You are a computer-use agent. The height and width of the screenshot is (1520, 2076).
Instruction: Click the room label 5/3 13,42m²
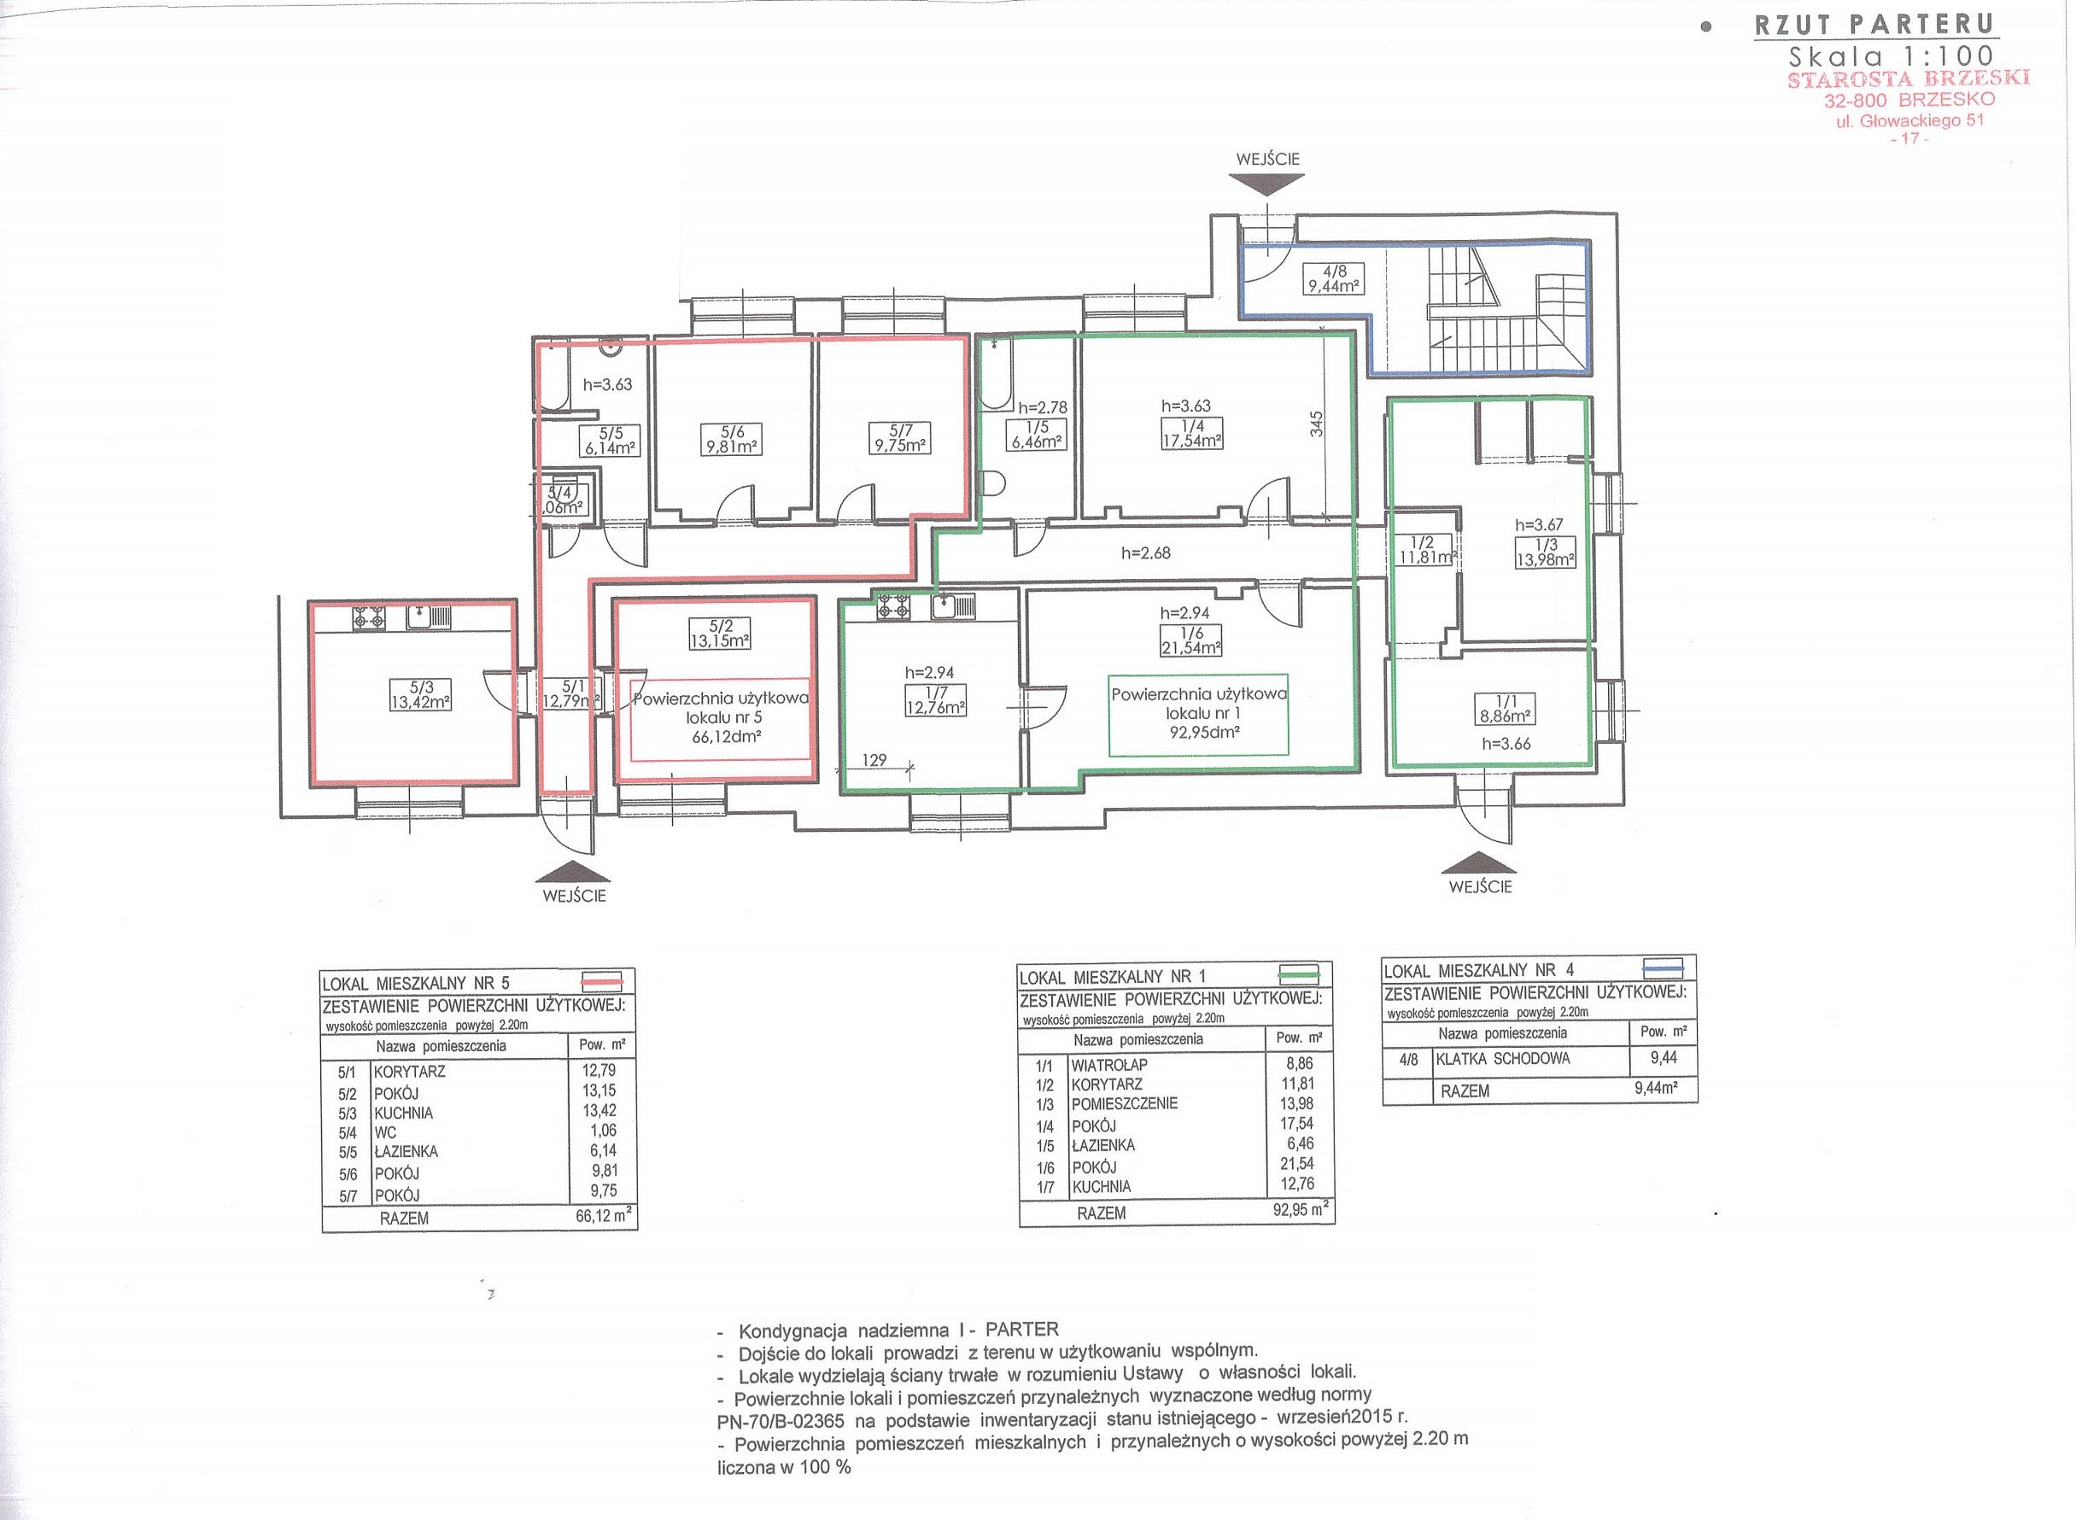(420, 694)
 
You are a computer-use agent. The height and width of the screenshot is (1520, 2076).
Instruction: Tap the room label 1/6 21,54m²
(1190, 640)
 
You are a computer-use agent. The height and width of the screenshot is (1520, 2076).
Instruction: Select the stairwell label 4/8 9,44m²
(1333, 278)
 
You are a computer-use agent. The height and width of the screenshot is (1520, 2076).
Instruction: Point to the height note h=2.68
(1146, 553)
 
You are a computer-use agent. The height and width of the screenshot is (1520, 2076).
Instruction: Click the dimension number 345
(1317, 424)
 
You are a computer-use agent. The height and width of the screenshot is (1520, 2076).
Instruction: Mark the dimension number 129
(874, 760)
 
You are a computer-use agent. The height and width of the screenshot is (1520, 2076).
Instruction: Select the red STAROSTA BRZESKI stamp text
(1909, 79)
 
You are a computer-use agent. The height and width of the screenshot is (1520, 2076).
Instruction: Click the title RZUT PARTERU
(1876, 25)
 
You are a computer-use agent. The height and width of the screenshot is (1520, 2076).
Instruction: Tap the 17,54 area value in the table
(1296, 1124)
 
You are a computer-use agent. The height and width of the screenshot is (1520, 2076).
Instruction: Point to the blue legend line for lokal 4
(1663, 967)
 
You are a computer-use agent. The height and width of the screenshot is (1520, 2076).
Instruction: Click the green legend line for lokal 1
(1300, 974)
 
